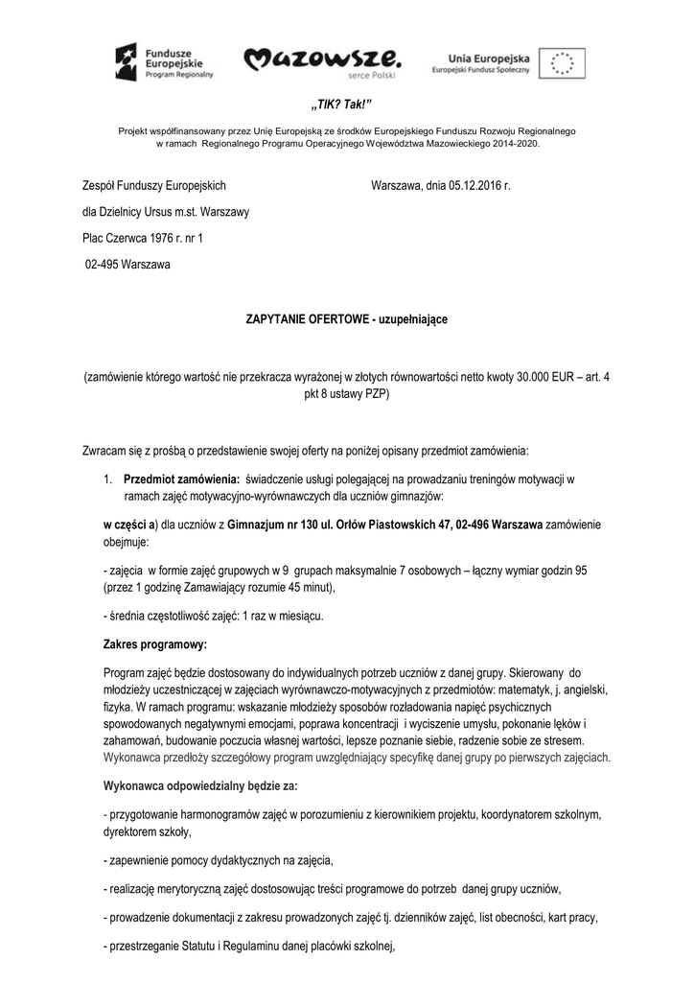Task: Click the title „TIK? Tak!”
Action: pos(347,104)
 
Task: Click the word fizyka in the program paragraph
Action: pos(120,708)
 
